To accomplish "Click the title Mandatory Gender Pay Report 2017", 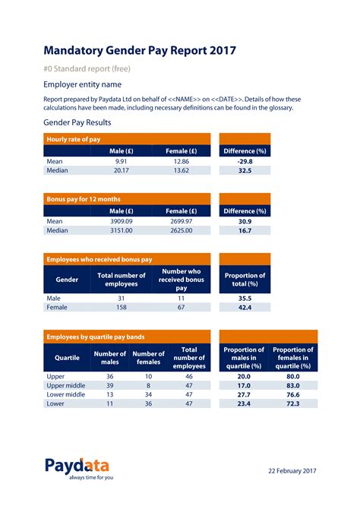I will (x=140, y=51).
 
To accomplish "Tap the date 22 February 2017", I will (x=292, y=471).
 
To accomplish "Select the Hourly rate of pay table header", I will (x=74, y=139).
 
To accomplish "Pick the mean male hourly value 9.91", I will (x=122, y=161).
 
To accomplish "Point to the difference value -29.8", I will (x=245, y=161).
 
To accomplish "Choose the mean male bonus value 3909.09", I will (x=122, y=221).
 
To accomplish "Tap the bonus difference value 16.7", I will (x=245, y=230).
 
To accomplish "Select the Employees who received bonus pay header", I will (x=99, y=259).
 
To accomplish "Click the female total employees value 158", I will (x=122, y=308).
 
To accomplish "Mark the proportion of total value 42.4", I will (x=245, y=308).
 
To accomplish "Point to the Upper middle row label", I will (x=66, y=386).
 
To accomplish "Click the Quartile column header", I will (x=67, y=357).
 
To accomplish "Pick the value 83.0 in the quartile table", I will (x=293, y=386).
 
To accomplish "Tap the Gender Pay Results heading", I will (x=77, y=122).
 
